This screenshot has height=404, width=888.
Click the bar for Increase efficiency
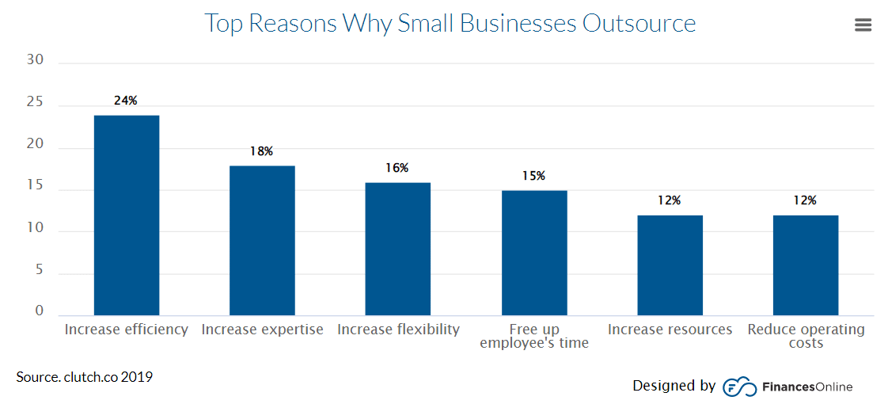[x=127, y=215]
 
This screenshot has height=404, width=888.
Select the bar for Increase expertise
[x=262, y=241]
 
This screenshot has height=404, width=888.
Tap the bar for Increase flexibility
[x=397, y=249]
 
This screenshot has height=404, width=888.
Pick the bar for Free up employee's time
[x=534, y=253]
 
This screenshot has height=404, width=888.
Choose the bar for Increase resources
[x=670, y=265]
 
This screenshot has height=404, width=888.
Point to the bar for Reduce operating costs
[x=806, y=265]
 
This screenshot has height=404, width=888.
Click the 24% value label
[x=126, y=101]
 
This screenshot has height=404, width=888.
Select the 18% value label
[x=261, y=151]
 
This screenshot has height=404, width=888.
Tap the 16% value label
[x=397, y=168]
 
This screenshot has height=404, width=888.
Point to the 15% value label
[x=533, y=176]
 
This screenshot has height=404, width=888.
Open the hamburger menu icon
[x=863, y=25]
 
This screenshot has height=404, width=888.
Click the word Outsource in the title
[x=639, y=23]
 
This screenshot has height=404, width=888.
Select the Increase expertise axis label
[x=262, y=330]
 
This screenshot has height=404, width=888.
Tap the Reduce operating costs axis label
[x=806, y=336]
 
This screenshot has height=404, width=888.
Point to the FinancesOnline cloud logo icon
[x=739, y=387]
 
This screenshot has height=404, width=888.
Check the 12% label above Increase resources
[x=669, y=200]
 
